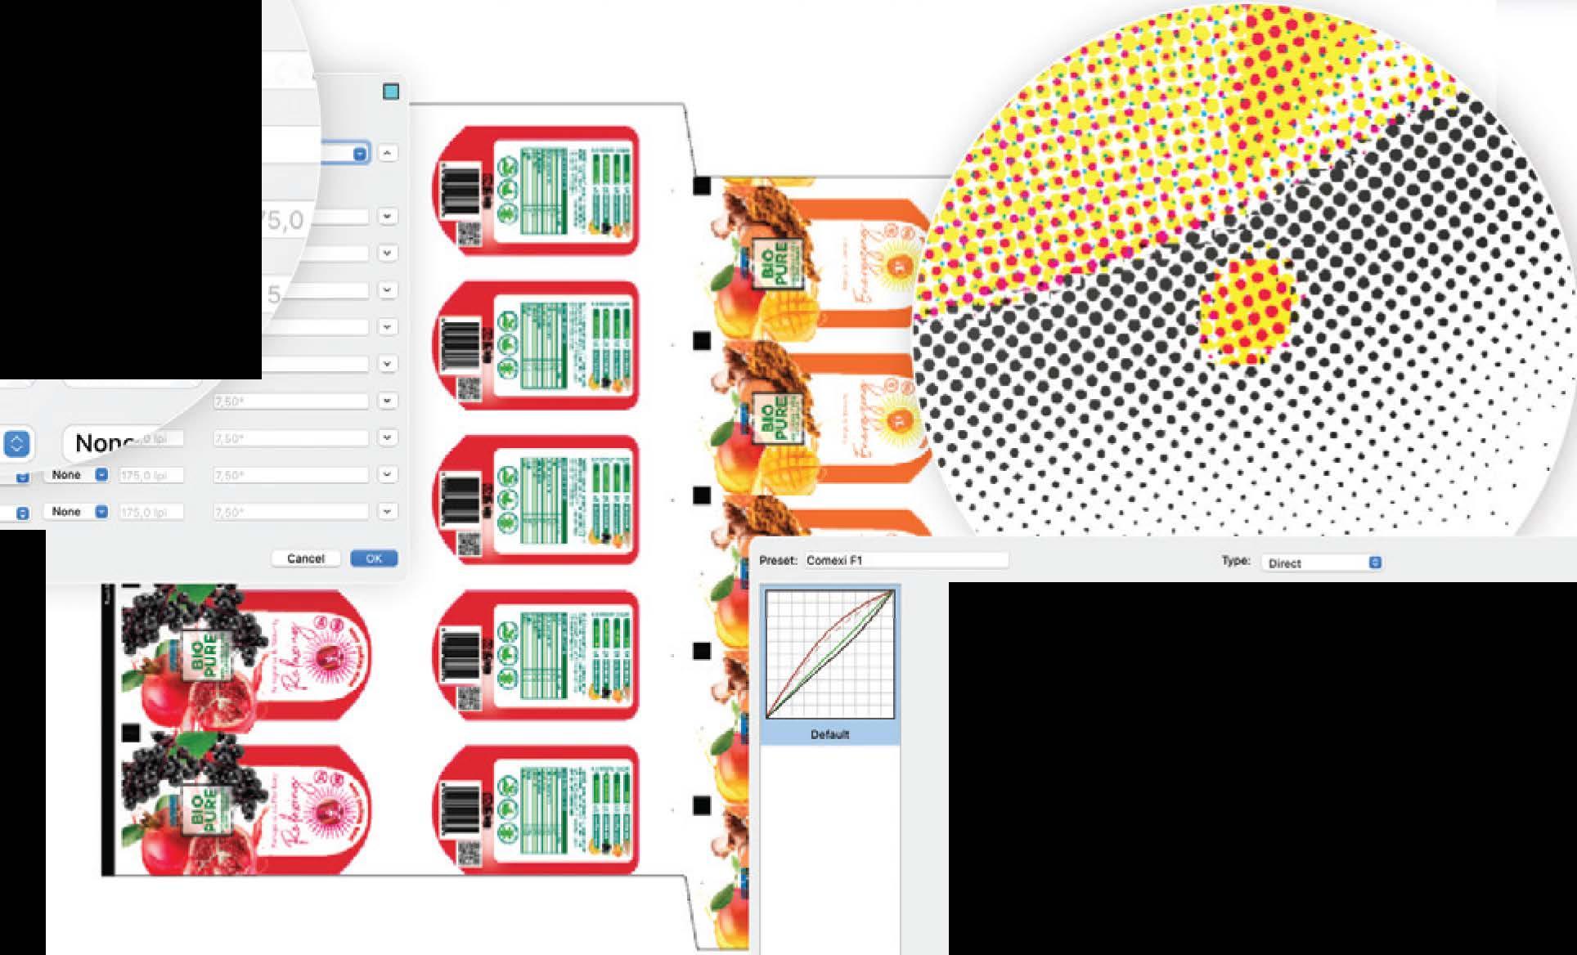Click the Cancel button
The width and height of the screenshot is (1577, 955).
(305, 558)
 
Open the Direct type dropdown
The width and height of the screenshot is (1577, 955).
(1322, 563)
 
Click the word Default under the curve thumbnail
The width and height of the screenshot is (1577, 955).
(829, 734)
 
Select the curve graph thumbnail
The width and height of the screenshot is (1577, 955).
(829, 653)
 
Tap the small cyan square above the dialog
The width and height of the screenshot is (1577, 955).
(391, 92)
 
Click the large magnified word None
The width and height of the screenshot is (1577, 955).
(105, 443)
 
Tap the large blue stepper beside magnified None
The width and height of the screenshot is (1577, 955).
(16, 443)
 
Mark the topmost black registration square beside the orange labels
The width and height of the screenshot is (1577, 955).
(702, 186)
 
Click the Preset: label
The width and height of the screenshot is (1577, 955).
(777, 560)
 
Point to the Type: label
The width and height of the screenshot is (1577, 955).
(1235, 561)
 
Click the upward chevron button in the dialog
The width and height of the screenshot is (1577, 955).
(388, 153)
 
